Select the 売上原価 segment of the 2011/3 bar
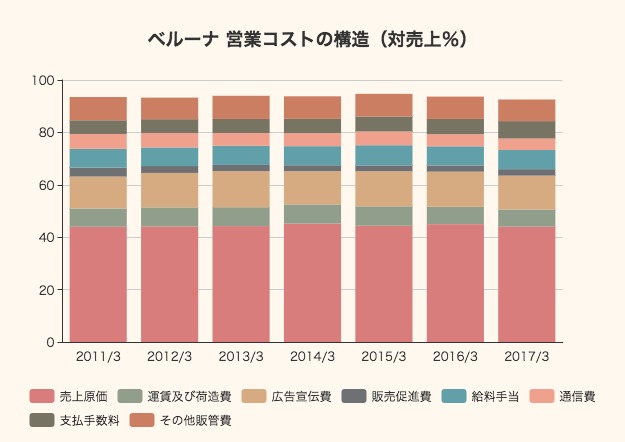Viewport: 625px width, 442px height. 98,284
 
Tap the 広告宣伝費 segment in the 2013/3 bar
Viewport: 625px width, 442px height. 241,189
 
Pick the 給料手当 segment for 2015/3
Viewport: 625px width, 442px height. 384,155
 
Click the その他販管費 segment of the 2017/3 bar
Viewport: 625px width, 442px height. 527,110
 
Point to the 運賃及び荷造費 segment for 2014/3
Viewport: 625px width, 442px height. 312,214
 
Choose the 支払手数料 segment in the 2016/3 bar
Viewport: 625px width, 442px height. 455,127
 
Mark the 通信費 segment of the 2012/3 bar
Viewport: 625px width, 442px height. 169,141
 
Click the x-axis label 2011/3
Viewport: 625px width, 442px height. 98,357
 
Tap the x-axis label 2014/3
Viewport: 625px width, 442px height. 312,357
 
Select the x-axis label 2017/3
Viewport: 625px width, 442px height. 527,357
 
